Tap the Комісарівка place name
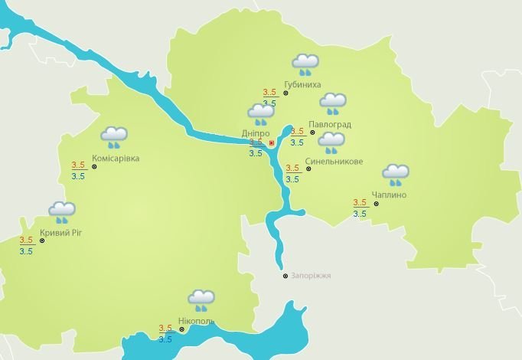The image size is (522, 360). [116, 159]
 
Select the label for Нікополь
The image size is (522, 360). [197, 322]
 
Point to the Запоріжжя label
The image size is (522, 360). [311, 276]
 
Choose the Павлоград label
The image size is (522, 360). [330, 124]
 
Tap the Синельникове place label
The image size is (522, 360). [334, 162]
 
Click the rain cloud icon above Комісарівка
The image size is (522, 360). [114, 137]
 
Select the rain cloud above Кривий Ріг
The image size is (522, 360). [62, 211]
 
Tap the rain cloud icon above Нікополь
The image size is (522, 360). [201, 299]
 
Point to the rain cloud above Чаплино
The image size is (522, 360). [396, 174]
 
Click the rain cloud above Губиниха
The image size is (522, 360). [305, 64]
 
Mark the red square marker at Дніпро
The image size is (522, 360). [272, 142]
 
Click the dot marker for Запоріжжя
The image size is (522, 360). [285, 276]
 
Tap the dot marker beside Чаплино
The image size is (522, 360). [377, 204]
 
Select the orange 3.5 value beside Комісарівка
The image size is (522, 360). [78, 165]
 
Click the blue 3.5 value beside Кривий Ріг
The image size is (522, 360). [26, 251]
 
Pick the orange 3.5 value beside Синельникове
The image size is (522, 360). [292, 168]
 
